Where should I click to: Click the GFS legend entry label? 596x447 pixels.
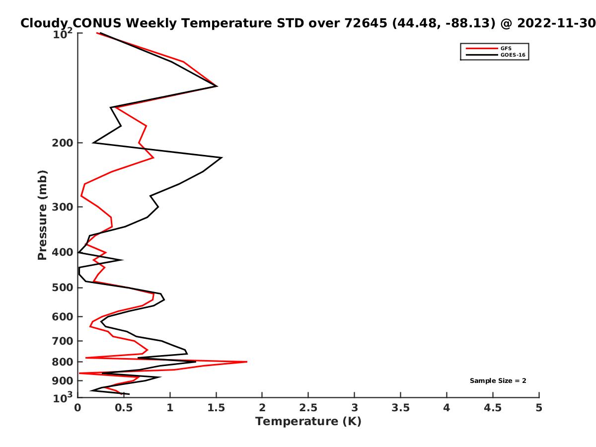coord(506,49)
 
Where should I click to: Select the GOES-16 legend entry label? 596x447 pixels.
coord(513,55)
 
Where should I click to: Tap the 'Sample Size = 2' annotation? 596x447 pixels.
coord(498,381)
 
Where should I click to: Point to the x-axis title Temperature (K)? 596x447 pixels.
coord(308,422)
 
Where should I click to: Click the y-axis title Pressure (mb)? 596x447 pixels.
coord(42,215)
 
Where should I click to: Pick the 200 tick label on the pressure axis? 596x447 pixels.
coord(63,143)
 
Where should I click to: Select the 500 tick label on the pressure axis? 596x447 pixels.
coord(63,288)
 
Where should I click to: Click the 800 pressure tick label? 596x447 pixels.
coord(63,362)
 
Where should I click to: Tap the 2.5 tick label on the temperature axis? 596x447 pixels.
coord(308,408)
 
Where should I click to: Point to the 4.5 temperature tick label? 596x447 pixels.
coord(493,408)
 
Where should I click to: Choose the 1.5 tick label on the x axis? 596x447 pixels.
coord(216,408)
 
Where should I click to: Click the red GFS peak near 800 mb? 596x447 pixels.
coord(246,362)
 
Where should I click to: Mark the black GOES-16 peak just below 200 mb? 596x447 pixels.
coord(222,157)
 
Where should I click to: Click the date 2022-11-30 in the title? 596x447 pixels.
coord(556,23)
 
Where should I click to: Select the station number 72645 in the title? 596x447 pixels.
coord(366,23)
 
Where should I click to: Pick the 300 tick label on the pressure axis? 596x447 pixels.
coord(63,207)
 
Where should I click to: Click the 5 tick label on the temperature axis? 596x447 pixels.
coord(539,408)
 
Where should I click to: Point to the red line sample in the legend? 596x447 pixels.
coord(482,49)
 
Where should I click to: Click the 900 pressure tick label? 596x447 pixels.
coord(63,381)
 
